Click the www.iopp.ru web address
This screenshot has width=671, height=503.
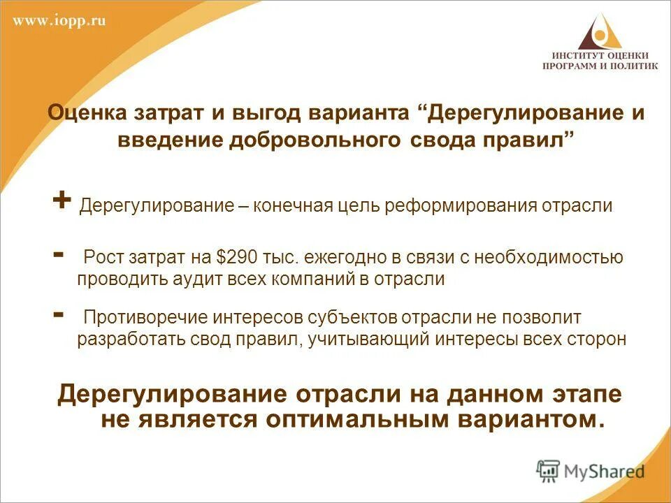pyautogui.click(x=59, y=21)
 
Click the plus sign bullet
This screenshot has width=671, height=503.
pyautogui.click(x=62, y=200)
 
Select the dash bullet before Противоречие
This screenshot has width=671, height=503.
pyautogui.click(x=59, y=313)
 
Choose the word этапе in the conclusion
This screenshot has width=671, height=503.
pyautogui.click(x=584, y=395)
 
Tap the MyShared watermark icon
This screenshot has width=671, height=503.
pyautogui.click(x=549, y=470)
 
